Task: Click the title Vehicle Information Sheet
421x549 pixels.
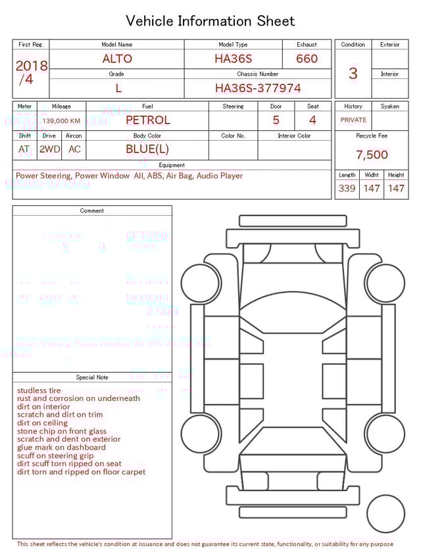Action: (x=210, y=21)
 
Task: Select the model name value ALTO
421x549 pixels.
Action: (x=117, y=59)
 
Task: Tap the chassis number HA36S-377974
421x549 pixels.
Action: (x=258, y=87)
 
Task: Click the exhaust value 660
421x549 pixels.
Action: (x=307, y=59)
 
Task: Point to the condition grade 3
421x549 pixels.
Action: (x=353, y=73)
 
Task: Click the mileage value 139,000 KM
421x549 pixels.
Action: (x=61, y=121)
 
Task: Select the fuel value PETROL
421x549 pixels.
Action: (x=147, y=120)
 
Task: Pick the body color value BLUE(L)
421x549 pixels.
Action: (x=147, y=149)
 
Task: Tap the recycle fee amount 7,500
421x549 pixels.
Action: (x=372, y=155)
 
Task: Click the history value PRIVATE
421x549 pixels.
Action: (x=353, y=120)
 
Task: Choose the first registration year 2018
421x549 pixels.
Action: (x=31, y=66)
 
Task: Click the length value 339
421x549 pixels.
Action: (x=347, y=188)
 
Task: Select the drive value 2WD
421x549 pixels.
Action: (x=49, y=149)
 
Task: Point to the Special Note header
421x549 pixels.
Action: (x=92, y=377)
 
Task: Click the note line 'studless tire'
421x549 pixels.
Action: (x=39, y=391)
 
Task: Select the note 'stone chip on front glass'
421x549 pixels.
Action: (x=62, y=431)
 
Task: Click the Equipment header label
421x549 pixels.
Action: (x=172, y=165)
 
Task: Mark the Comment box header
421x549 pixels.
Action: (x=92, y=211)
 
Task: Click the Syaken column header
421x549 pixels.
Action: (x=389, y=106)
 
